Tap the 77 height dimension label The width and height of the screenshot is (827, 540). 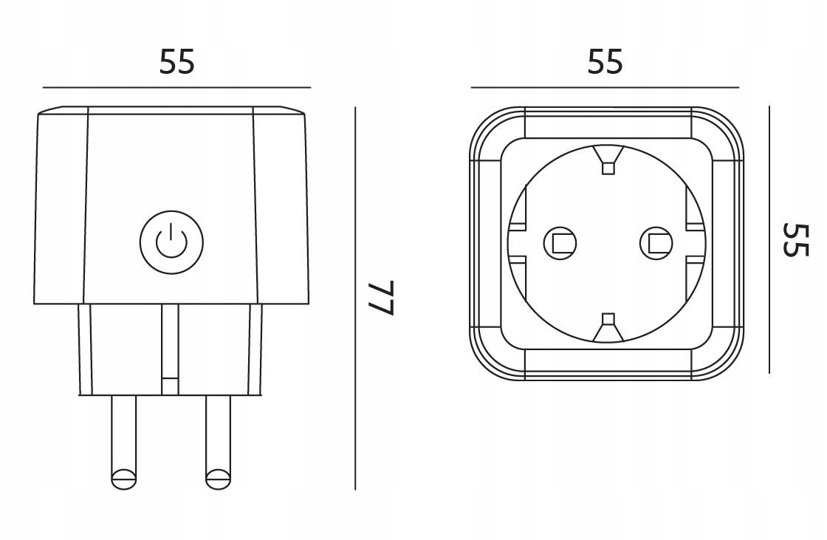[x=382, y=298]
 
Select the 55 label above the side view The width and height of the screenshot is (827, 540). [x=177, y=62]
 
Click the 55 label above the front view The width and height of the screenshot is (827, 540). [x=605, y=62]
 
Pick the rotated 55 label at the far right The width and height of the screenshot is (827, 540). [x=796, y=240]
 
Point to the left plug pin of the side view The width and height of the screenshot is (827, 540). [x=123, y=440]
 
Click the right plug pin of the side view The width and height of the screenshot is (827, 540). [x=218, y=440]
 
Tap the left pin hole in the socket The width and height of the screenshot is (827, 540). [x=560, y=242]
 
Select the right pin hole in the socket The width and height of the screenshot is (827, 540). [x=656, y=242]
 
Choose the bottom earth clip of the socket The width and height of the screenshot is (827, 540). [x=608, y=328]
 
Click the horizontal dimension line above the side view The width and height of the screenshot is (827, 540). [x=176, y=88]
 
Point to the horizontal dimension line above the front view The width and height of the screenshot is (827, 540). [x=605, y=88]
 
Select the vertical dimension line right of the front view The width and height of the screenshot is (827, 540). [x=769, y=240]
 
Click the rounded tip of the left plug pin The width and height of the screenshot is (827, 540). [x=123, y=479]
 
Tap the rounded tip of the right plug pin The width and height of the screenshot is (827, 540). [x=218, y=479]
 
